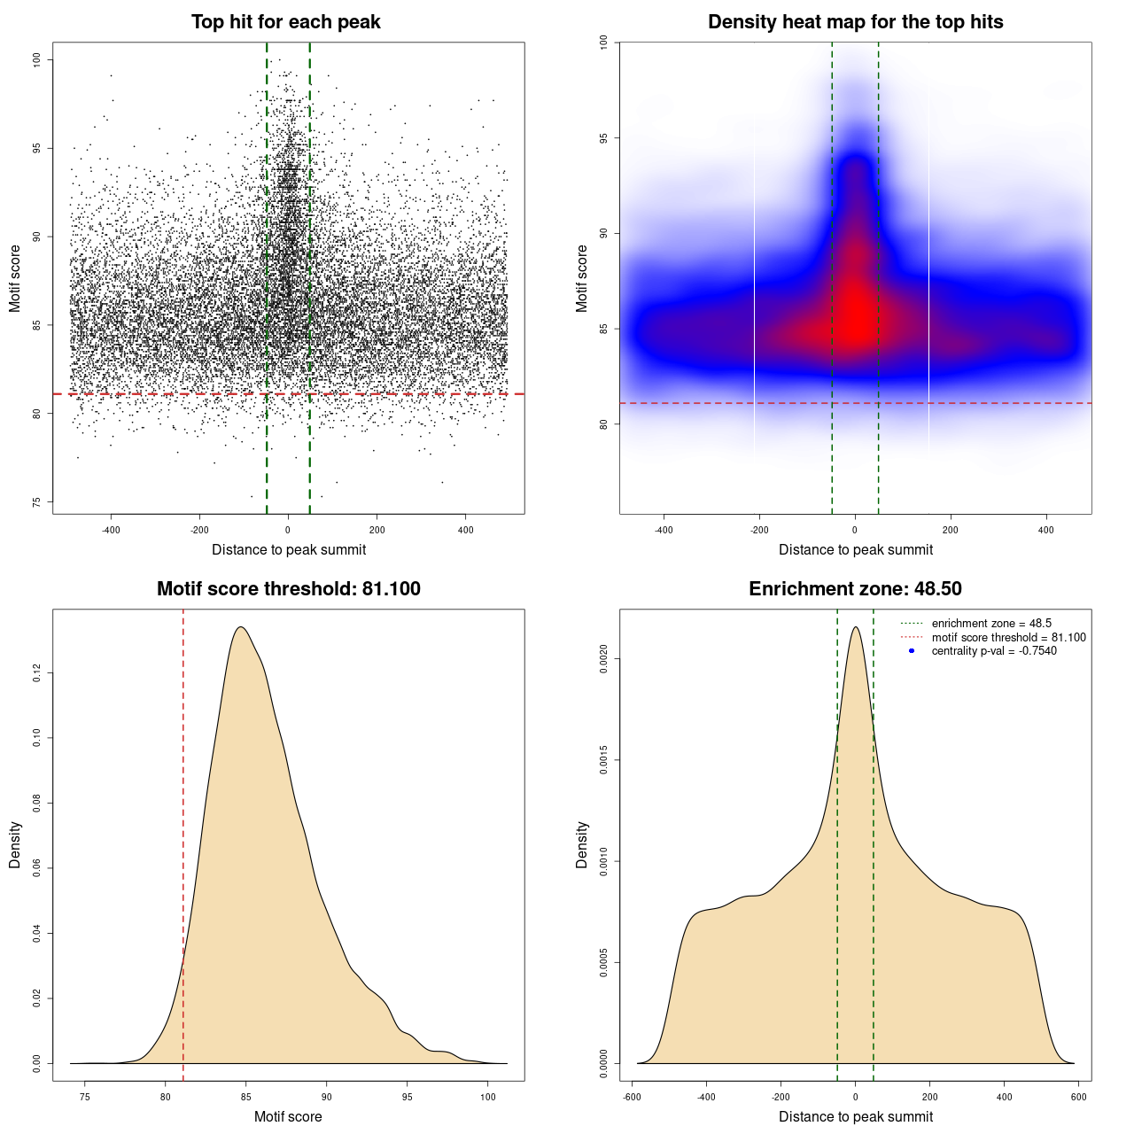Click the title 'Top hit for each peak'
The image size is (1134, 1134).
286,22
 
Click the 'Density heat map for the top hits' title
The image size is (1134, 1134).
855,22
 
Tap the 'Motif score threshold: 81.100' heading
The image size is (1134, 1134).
288,589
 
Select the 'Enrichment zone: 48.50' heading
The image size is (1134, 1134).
855,589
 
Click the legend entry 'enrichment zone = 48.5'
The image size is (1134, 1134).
991,624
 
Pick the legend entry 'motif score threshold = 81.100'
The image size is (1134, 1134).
1008,638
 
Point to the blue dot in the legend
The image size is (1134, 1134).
912,651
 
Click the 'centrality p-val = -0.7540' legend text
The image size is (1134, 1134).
994,651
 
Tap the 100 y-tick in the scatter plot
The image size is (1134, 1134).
36,59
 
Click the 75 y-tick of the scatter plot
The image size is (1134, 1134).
36,502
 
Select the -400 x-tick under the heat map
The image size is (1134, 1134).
664,531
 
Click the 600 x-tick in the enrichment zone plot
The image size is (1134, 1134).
1078,1097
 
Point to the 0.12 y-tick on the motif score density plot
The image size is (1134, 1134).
36,674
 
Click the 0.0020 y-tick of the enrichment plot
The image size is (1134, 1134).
603,659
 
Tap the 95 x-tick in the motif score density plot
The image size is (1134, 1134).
407,1097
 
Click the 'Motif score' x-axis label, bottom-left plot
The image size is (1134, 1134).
288,1116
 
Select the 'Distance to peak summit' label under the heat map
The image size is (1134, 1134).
856,550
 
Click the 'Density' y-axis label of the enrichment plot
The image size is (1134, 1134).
582,844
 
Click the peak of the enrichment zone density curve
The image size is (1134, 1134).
855,627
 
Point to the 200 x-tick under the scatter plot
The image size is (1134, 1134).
377,531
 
